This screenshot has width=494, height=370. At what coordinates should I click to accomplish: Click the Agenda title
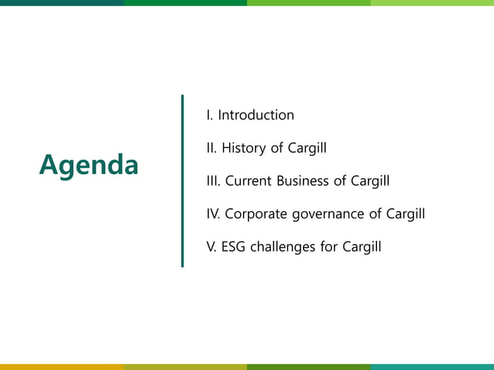point(89,165)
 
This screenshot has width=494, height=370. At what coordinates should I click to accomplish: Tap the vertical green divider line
point(183,181)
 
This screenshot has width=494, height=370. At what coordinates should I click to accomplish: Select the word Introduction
point(256,115)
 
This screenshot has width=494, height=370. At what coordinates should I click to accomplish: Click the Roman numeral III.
point(213,181)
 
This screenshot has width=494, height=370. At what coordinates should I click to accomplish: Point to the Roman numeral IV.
point(213,214)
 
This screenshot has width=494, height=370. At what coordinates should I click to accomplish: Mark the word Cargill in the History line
point(307,148)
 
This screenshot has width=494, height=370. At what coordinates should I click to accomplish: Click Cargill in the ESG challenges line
point(362,248)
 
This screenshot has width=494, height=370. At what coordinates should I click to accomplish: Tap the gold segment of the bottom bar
point(62,367)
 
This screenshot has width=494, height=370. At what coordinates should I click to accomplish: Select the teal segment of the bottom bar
point(432,367)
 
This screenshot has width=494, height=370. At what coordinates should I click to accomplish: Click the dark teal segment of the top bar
point(62,2)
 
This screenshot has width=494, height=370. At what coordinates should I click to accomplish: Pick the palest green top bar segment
point(432,2)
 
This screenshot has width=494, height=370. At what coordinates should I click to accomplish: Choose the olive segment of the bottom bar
point(185,367)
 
